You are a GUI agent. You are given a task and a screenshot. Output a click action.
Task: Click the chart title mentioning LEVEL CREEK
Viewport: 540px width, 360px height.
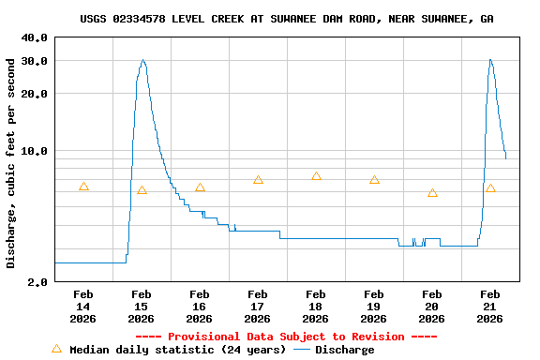pyautogui.click(x=287, y=19)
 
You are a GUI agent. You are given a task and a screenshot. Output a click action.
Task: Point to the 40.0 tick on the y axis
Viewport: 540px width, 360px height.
pyautogui.click(x=35, y=37)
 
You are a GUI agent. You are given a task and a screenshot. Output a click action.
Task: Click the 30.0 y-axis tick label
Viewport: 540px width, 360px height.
pyautogui.click(x=35, y=60)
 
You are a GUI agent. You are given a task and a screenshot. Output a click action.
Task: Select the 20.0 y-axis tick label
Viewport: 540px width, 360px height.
pyautogui.click(x=35, y=94)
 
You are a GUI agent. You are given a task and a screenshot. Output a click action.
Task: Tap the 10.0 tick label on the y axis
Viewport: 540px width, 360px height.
pyautogui.click(x=35, y=151)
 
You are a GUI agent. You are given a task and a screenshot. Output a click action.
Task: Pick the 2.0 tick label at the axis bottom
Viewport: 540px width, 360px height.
pyautogui.click(x=38, y=281)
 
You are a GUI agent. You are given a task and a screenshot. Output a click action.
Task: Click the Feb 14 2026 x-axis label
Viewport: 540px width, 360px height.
pyautogui.click(x=82, y=306)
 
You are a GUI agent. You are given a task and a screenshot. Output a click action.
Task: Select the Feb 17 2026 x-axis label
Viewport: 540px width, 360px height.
pyautogui.click(x=257, y=306)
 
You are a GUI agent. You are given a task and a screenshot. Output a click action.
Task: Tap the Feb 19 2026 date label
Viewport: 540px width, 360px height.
pyautogui.click(x=373, y=306)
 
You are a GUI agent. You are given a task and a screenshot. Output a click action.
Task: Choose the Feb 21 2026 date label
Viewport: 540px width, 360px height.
pyautogui.click(x=489, y=306)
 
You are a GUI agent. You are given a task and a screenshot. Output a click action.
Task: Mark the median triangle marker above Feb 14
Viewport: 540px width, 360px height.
pyautogui.click(x=83, y=187)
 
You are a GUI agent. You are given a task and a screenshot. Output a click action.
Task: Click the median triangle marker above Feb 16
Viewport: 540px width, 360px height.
pyautogui.click(x=200, y=187)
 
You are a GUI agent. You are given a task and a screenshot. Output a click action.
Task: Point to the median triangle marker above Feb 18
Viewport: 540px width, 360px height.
pyautogui.click(x=316, y=176)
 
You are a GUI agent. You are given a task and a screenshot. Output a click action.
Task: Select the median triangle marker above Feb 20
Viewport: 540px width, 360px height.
pyautogui.click(x=432, y=192)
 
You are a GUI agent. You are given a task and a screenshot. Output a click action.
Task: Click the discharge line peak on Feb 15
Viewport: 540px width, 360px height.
pyautogui.click(x=142, y=60)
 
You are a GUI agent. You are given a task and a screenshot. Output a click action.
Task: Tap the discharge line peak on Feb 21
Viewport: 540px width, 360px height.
pyautogui.click(x=489, y=60)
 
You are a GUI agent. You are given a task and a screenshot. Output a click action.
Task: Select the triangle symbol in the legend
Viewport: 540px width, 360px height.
pyautogui.click(x=56, y=349)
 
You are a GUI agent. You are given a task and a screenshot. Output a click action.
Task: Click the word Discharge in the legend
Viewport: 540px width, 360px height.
pyautogui.click(x=344, y=350)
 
